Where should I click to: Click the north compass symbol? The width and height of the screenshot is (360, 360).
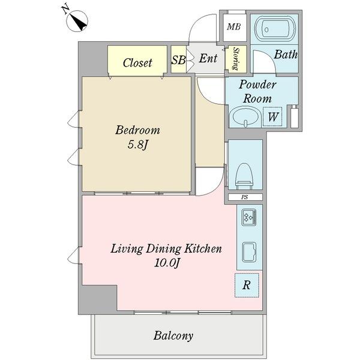[x=77, y=20]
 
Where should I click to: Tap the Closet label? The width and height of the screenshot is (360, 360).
[x=137, y=62]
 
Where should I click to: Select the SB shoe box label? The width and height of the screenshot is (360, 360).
[x=178, y=60]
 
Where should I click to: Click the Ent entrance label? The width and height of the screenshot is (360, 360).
[x=208, y=58]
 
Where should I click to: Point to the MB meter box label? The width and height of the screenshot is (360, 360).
[x=234, y=27]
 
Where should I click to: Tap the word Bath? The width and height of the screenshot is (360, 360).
[x=286, y=55]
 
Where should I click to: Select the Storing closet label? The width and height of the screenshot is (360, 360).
[x=236, y=59]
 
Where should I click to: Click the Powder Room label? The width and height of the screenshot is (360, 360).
[x=257, y=91]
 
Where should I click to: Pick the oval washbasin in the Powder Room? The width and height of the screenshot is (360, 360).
[x=244, y=117]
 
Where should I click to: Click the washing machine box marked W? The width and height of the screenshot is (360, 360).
[x=272, y=116]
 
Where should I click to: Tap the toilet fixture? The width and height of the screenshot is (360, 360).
[x=245, y=176]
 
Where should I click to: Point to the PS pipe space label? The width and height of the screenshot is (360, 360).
[x=245, y=197]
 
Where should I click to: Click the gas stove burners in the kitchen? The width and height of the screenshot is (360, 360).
[x=249, y=217]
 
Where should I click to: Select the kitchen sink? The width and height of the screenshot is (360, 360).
[x=249, y=252]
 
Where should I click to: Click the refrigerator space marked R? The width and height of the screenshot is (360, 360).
[x=247, y=286]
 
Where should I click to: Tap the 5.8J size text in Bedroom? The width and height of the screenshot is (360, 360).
[x=137, y=145]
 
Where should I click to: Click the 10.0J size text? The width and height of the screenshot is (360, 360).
[x=166, y=262]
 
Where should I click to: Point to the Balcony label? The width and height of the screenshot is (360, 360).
[x=173, y=335]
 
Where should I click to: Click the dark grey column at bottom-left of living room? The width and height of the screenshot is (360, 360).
[x=98, y=299]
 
